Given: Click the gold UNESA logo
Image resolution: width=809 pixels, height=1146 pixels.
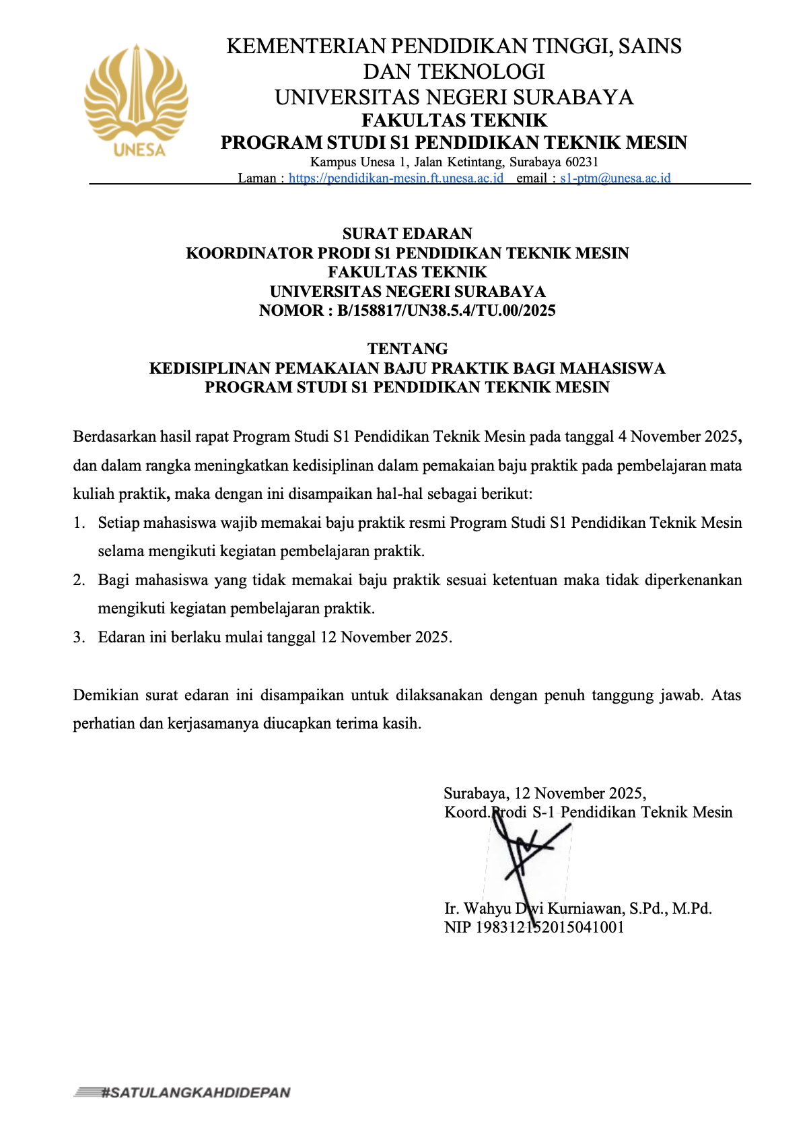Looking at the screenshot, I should [136, 101].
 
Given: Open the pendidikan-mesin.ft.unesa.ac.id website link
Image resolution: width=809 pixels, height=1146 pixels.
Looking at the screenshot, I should [396, 178].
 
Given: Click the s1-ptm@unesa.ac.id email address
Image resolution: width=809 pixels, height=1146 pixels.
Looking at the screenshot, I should [615, 178].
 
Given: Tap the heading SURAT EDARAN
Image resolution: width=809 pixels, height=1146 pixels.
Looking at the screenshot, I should [407, 234].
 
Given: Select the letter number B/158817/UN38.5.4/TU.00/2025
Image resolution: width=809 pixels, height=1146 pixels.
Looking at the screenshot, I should [446, 310].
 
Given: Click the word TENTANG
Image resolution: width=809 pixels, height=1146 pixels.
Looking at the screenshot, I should [407, 349].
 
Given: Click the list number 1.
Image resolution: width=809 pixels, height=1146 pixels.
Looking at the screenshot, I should [79, 523].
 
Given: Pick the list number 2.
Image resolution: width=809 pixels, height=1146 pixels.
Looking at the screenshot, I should [79, 580].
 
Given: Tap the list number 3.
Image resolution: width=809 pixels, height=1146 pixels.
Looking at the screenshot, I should [79, 638].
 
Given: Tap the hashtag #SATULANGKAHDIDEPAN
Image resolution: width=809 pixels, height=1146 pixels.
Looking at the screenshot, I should [195, 1093].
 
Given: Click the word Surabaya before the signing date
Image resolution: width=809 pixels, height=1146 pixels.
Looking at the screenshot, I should [476, 794].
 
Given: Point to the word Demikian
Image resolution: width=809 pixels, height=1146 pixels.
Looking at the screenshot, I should [106, 696].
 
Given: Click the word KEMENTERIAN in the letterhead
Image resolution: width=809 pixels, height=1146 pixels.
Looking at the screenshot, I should [306, 46].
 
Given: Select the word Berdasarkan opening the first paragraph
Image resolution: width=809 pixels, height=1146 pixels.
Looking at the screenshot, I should [114, 437].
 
